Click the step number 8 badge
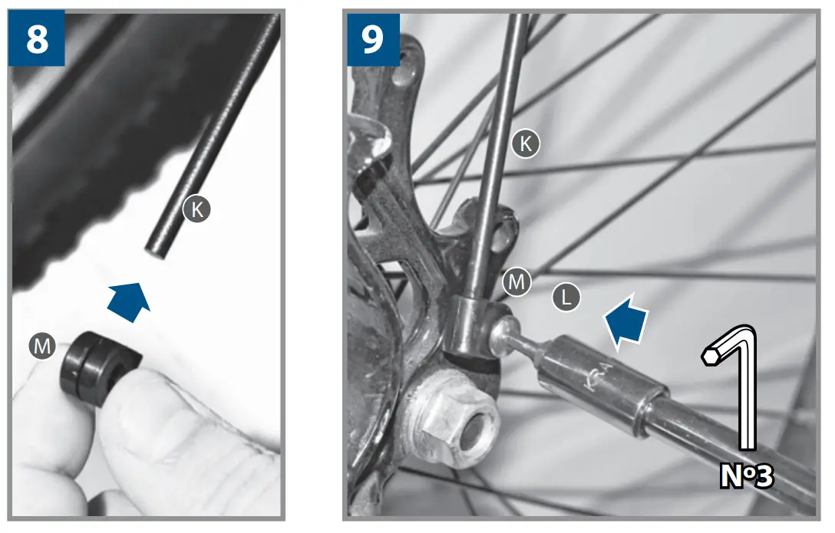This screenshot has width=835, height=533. coord(37,38)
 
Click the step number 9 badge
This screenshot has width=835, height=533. coord(373,38)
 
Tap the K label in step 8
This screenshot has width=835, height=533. coord(196,209)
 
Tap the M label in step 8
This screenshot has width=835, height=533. coord(43,347)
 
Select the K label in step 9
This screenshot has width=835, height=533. coord(526,143)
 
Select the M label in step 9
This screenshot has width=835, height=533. coord(517,282)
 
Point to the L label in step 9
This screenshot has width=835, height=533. coord(566,298)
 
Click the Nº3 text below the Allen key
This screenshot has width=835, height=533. coord(746,475)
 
